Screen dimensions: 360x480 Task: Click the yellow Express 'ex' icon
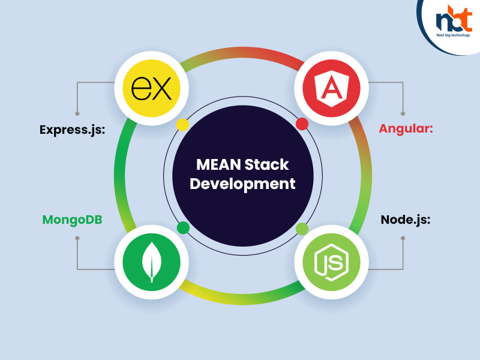(x=151, y=89)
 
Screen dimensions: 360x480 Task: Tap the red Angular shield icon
(x=328, y=89)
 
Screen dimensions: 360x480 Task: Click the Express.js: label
(x=72, y=130)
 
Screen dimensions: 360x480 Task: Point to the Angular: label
(x=406, y=128)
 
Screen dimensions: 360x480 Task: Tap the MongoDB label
(x=72, y=220)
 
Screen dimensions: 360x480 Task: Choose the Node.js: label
(x=406, y=220)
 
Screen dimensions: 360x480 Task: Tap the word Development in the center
(x=242, y=184)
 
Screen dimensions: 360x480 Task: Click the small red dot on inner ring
(x=302, y=124)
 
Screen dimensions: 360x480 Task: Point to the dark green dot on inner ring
(x=183, y=227)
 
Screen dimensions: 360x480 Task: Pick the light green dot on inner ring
(x=302, y=228)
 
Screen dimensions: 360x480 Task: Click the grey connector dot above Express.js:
(x=77, y=113)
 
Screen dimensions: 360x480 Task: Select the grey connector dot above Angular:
(x=403, y=113)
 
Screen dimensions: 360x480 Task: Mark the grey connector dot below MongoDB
(x=77, y=238)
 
